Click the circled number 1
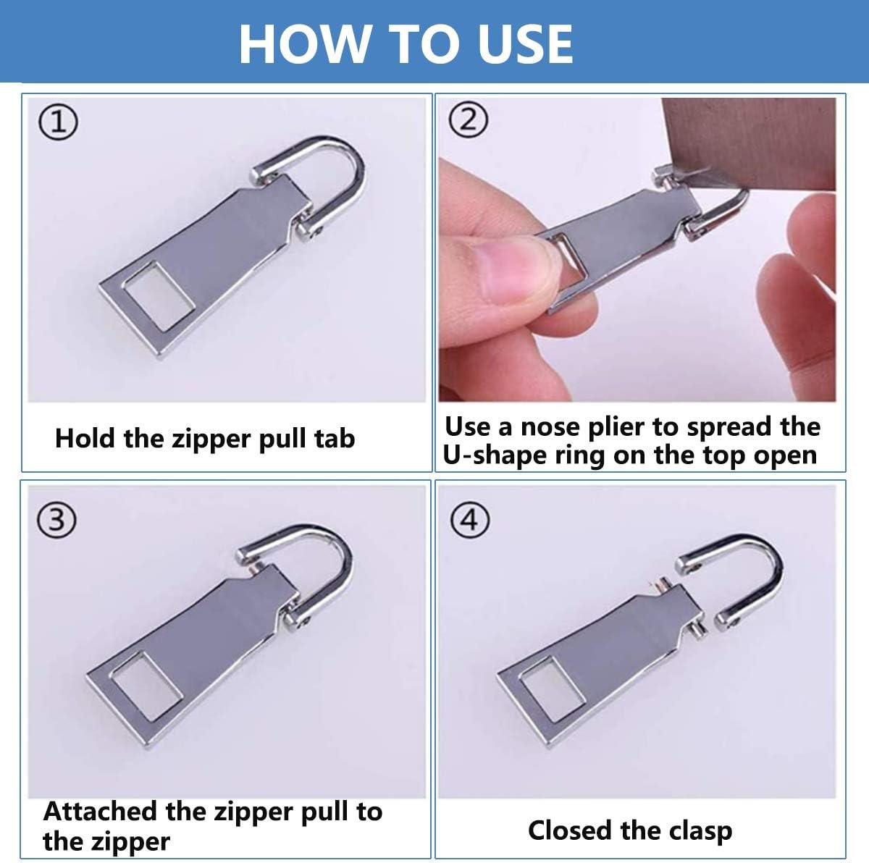[x=58, y=122]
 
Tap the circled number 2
[x=468, y=119]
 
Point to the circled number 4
[x=470, y=521]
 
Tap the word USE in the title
[x=525, y=43]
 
